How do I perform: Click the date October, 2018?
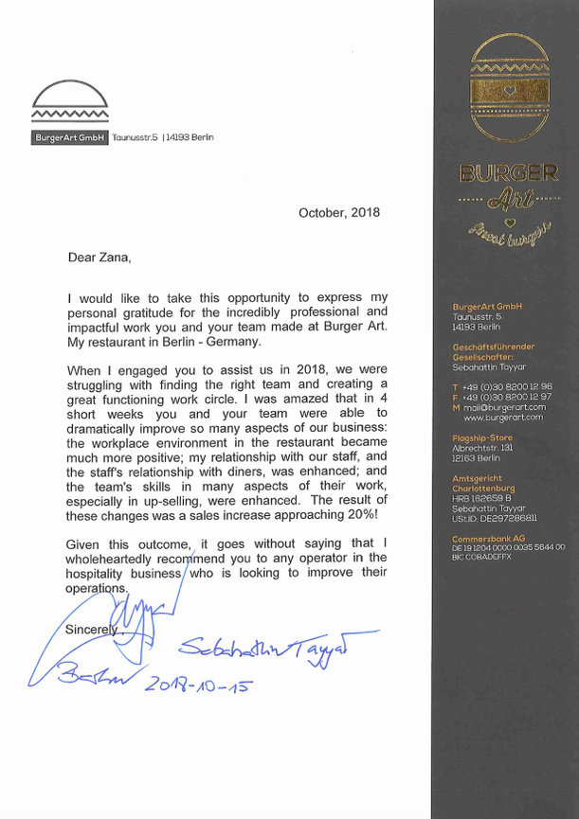tap(339, 213)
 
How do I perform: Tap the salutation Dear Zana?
tap(99, 257)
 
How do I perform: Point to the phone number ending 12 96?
tap(508, 386)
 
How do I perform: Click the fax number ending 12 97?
tap(508, 397)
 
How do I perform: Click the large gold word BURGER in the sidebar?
tap(507, 172)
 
